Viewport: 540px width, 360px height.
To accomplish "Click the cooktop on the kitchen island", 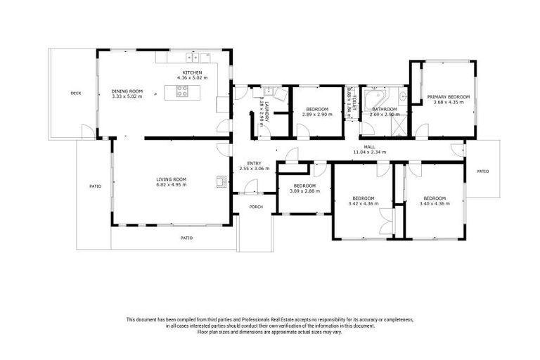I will (x=182, y=91).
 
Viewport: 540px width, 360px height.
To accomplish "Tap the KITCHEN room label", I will (x=193, y=72).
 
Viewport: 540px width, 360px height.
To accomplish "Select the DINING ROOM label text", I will (x=127, y=91).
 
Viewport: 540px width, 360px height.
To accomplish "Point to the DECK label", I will (x=76, y=92).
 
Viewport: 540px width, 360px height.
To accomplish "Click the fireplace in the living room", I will (x=222, y=182).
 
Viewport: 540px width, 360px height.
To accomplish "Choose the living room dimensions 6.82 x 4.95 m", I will (x=171, y=184).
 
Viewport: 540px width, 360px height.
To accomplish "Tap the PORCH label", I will (x=255, y=207).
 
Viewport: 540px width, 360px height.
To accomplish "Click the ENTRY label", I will (x=244, y=163).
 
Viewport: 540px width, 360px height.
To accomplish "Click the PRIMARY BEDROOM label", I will (x=449, y=96).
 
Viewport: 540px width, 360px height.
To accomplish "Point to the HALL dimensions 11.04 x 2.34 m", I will (x=369, y=152).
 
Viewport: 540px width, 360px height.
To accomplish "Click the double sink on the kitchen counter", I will (x=194, y=57).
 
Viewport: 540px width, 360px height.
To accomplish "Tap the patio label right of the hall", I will (x=482, y=171).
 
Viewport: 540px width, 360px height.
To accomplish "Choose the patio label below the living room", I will (x=186, y=238).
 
